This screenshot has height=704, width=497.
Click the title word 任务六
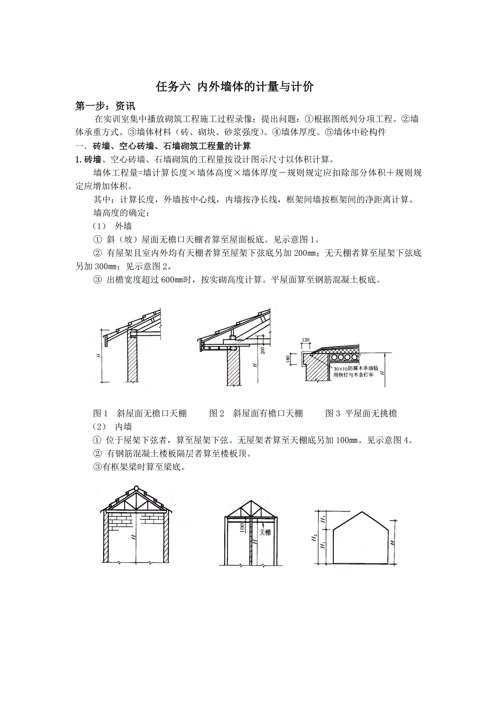173,87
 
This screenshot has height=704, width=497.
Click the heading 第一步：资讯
105,106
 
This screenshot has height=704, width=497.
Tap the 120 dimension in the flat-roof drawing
306,340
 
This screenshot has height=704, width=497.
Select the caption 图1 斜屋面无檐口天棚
140,414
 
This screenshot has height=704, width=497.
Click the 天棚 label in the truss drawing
265,532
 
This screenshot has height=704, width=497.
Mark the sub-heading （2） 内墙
113,427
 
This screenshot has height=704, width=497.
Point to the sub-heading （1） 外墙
113,226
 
